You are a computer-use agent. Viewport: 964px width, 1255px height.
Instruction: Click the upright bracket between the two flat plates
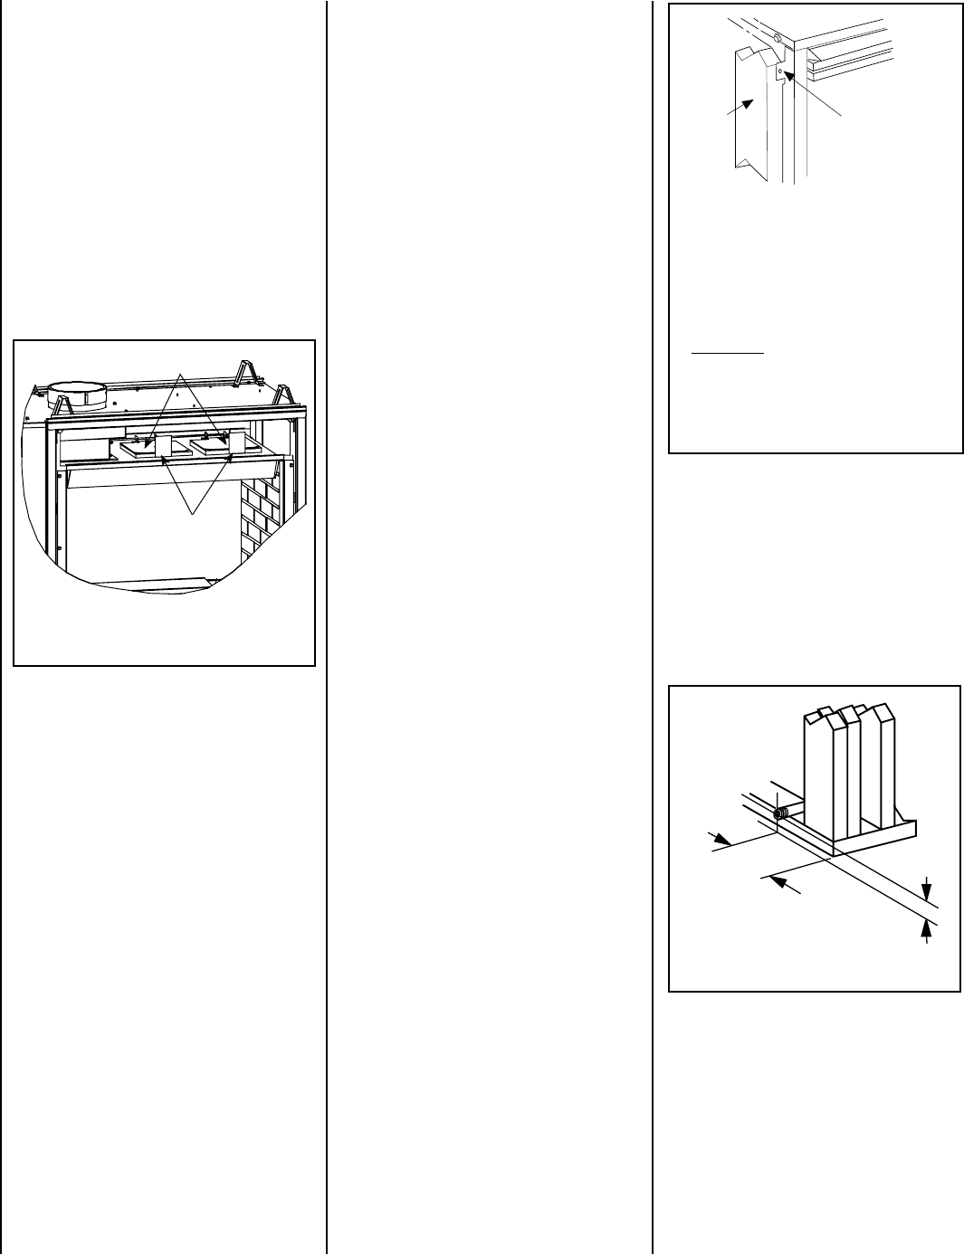pyautogui.click(x=165, y=445)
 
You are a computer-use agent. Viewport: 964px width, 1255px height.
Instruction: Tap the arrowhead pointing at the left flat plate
pyautogui.click(x=148, y=442)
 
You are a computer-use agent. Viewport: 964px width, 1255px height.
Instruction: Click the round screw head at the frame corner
pyautogui.click(x=778, y=40)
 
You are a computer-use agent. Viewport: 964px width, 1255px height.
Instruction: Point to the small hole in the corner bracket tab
pyautogui.click(x=780, y=69)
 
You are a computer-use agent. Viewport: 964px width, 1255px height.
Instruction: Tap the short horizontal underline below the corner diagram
pyautogui.click(x=727, y=353)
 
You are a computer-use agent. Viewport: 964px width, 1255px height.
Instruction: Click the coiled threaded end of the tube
pyautogui.click(x=779, y=813)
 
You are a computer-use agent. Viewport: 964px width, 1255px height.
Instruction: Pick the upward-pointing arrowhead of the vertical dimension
pyautogui.click(x=926, y=925)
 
